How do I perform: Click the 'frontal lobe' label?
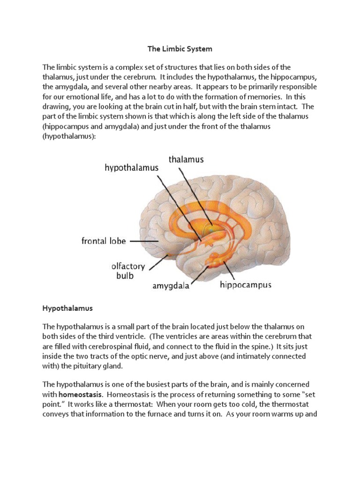tap(104, 241)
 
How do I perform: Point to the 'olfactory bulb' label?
tap(128, 270)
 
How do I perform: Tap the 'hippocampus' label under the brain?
tap(246, 285)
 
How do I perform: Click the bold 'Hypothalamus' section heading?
tap(68, 308)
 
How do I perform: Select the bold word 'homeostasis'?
tap(80, 395)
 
